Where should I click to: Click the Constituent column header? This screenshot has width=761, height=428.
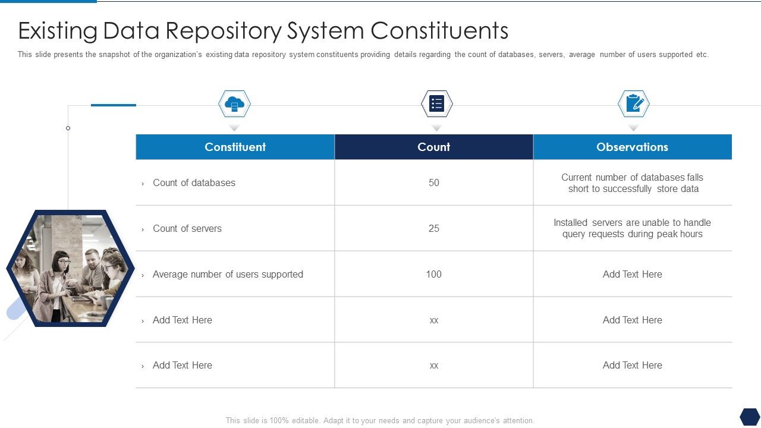[235, 147]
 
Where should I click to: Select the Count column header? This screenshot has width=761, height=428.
[433, 147]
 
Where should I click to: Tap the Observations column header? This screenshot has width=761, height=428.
[632, 147]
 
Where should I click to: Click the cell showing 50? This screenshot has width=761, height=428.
[434, 182]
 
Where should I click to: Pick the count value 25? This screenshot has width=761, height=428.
[434, 228]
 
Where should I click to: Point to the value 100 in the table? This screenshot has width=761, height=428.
[434, 274]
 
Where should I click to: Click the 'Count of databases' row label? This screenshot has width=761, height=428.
[194, 182]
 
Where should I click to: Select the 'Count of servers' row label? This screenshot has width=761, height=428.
[187, 228]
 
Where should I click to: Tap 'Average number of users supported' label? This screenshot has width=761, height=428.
[228, 274]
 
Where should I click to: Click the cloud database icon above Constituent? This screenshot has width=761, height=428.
[234, 104]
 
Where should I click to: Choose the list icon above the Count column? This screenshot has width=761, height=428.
[437, 104]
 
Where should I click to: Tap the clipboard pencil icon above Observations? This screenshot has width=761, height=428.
[634, 104]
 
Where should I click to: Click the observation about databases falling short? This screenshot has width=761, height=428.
[633, 183]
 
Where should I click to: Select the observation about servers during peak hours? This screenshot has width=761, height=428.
[633, 228]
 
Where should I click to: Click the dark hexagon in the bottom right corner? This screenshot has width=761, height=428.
[750, 416]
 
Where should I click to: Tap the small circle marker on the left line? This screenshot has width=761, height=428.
[68, 128]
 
